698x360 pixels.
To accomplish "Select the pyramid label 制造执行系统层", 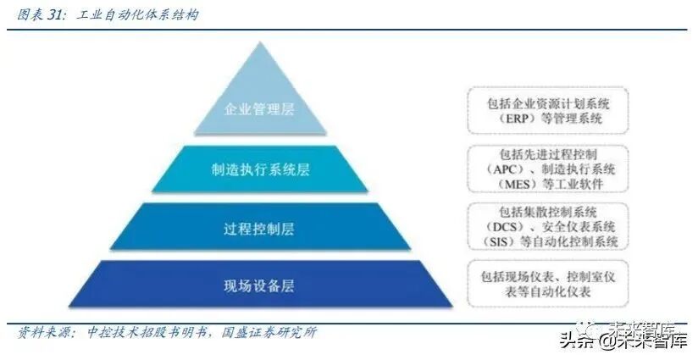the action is [259, 169].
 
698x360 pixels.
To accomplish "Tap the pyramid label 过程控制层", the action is [259, 228].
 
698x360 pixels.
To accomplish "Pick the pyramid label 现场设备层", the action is [259, 286].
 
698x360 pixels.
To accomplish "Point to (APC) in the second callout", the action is [501, 169].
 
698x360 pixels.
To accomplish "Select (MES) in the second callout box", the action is [504, 184].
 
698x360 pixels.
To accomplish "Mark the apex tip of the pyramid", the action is [259, 42].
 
